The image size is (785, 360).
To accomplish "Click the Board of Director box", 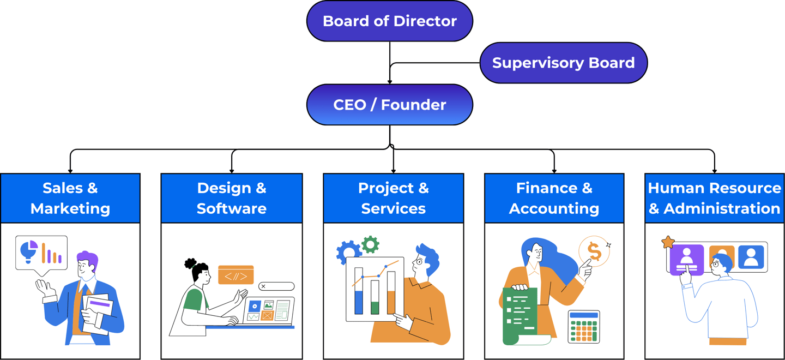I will (390, 21).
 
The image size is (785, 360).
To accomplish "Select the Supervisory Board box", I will (563, 63).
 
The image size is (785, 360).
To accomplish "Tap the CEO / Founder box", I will (390, 105).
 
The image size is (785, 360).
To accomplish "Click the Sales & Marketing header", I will (70, 198).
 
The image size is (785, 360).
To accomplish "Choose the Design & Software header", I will (232, 198).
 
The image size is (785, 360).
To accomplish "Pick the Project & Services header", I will (393, 198).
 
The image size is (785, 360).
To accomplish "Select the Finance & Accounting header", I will (554, 198).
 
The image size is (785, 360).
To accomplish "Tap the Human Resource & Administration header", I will (714, 198).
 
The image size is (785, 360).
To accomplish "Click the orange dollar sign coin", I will (594, 251).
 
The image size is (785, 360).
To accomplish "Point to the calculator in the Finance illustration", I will (584, 327).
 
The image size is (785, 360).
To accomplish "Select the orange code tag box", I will (235, 275).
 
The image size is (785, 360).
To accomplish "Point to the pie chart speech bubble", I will (41, 252).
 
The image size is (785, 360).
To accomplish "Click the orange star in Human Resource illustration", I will (668, 242).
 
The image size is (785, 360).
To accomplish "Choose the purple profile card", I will (687, 260).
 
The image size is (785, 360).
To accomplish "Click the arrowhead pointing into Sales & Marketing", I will (70, 170).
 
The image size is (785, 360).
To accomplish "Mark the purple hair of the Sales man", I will (88, 258).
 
